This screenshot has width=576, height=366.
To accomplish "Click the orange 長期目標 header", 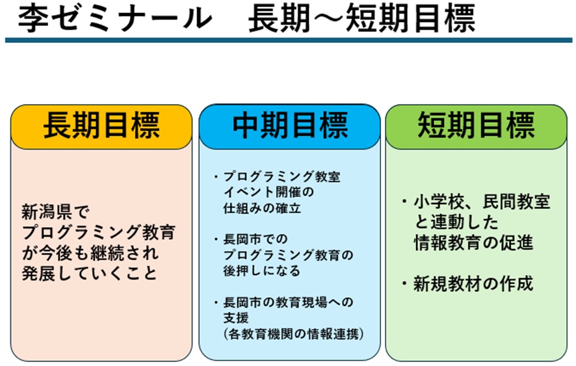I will pyautogui.click(x=101, y=126).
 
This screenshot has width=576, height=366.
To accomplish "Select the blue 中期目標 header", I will pyautogui.click(x=290, y=126).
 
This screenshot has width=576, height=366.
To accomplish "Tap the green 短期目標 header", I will pyautogui.click(x=477, y=126).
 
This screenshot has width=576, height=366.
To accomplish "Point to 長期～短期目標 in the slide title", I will pyautogui.click(x=361, y=20).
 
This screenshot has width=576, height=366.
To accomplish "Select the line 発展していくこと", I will pyautogui.click(x=89, y=272).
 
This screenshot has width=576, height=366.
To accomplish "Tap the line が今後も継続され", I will pyautogui.click(x=90, y=252).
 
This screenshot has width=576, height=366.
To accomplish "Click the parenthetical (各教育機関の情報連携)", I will pyautogui.click(x=292, y=334).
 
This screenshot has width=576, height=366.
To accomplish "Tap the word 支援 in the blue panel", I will pyautogui.click(x=236, y=318).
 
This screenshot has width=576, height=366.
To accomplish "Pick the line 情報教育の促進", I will pyautogui.click(x=473, y=242).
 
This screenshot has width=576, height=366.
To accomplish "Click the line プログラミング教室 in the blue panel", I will pyautogui.click(x=281, y=177).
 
